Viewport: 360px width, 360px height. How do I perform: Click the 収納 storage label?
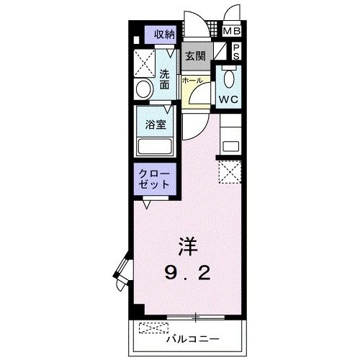pos(164,33)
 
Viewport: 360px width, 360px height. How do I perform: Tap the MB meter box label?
pos(232,32)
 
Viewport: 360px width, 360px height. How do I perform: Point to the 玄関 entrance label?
pos(194,55)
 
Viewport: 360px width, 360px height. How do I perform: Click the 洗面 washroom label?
pos(165,78)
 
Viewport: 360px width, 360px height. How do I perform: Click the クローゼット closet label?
pos(154,179)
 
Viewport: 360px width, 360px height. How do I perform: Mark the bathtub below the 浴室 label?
pos(155,147)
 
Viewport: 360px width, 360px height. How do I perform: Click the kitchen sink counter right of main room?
pos(231,140)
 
